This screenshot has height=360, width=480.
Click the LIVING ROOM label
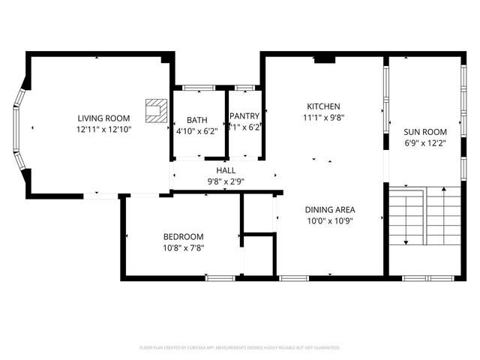coord(103,118)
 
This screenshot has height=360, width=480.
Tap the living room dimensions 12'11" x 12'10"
coord(103,129)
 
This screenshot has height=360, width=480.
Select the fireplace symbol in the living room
coord(156,110)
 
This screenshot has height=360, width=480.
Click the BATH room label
coord(197,120)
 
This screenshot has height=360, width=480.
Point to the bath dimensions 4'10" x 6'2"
coord(197,131)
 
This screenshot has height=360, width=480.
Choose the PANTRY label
coord(244,116)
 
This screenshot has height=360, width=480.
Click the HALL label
coord(226,171)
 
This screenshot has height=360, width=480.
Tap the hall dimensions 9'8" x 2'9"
coord(226,181)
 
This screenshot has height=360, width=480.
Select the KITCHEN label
coord(323,106)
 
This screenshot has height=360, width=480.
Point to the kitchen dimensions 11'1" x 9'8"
coord(323,117)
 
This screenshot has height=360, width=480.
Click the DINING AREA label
coord(329,210)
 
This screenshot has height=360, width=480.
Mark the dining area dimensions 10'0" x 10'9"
coord(329,220)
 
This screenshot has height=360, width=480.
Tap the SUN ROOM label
coord(424,130)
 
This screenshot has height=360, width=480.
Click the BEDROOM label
coord(184,236)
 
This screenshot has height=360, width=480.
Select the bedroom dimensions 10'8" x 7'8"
coord(184,247)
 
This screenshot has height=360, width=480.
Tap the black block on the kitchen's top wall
coord(324,58)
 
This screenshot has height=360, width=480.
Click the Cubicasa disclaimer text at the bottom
coord(240,347)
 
